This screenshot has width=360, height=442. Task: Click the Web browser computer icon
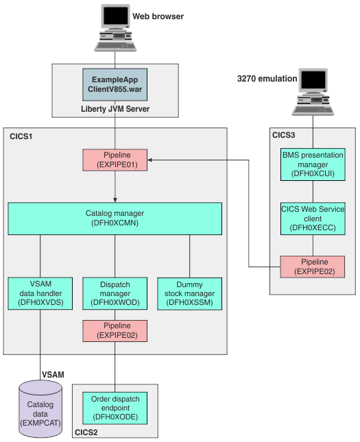tap(115, 28)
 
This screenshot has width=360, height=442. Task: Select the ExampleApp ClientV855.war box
tap(115, 82)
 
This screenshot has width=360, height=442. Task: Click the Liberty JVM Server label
tap(115, 108)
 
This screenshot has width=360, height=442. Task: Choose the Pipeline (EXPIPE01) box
tap(115, 160)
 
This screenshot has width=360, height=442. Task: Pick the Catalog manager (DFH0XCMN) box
tap(115, 218)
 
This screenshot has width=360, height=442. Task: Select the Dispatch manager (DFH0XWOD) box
tap(115, 293)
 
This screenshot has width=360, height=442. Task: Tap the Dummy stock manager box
tap(189, 293)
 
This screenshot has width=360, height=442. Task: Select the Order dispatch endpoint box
tap(115, 407)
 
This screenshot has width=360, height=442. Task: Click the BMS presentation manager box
tap(313, 165)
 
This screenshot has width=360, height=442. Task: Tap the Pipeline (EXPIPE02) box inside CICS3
tap(313, 267)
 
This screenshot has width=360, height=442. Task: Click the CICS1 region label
tap(21, 137)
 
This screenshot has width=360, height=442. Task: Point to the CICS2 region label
tap(86, 432)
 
